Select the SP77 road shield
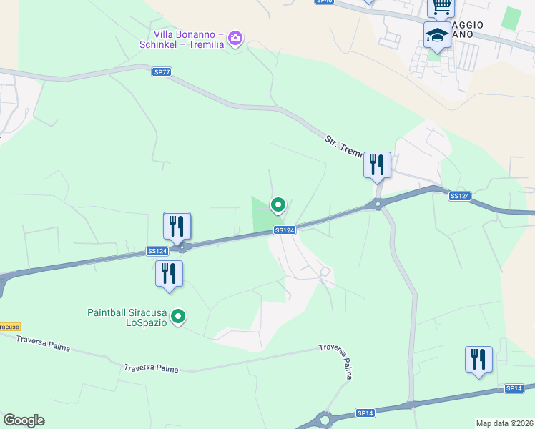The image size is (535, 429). pos(162,71)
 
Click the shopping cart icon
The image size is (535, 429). pos(441,7)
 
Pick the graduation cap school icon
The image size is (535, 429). pos(437,35)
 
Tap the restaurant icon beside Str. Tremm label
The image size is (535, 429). pos(377,166)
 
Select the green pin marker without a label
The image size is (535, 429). pos(278,205)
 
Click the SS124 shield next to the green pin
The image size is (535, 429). pos(285,230)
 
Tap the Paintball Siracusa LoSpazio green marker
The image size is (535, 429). pos(179,315)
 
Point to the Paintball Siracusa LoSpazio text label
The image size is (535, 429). pos(127,317)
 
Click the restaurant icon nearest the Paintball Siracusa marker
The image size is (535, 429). pos(169,274)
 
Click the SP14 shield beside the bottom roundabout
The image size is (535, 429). pos(365,413)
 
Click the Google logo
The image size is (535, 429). pos(24,420)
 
